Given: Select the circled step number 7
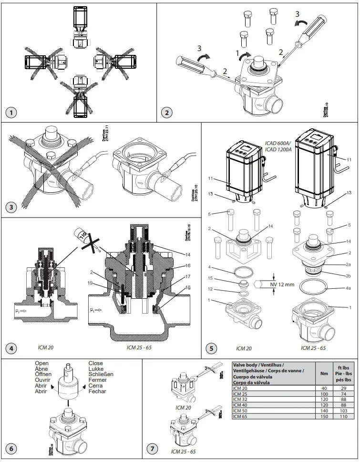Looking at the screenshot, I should coord(152,449).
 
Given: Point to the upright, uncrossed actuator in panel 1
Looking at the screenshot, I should coord(79,21).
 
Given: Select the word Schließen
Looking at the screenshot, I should coord(101,374).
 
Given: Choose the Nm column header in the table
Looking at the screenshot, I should coord(325,373).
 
